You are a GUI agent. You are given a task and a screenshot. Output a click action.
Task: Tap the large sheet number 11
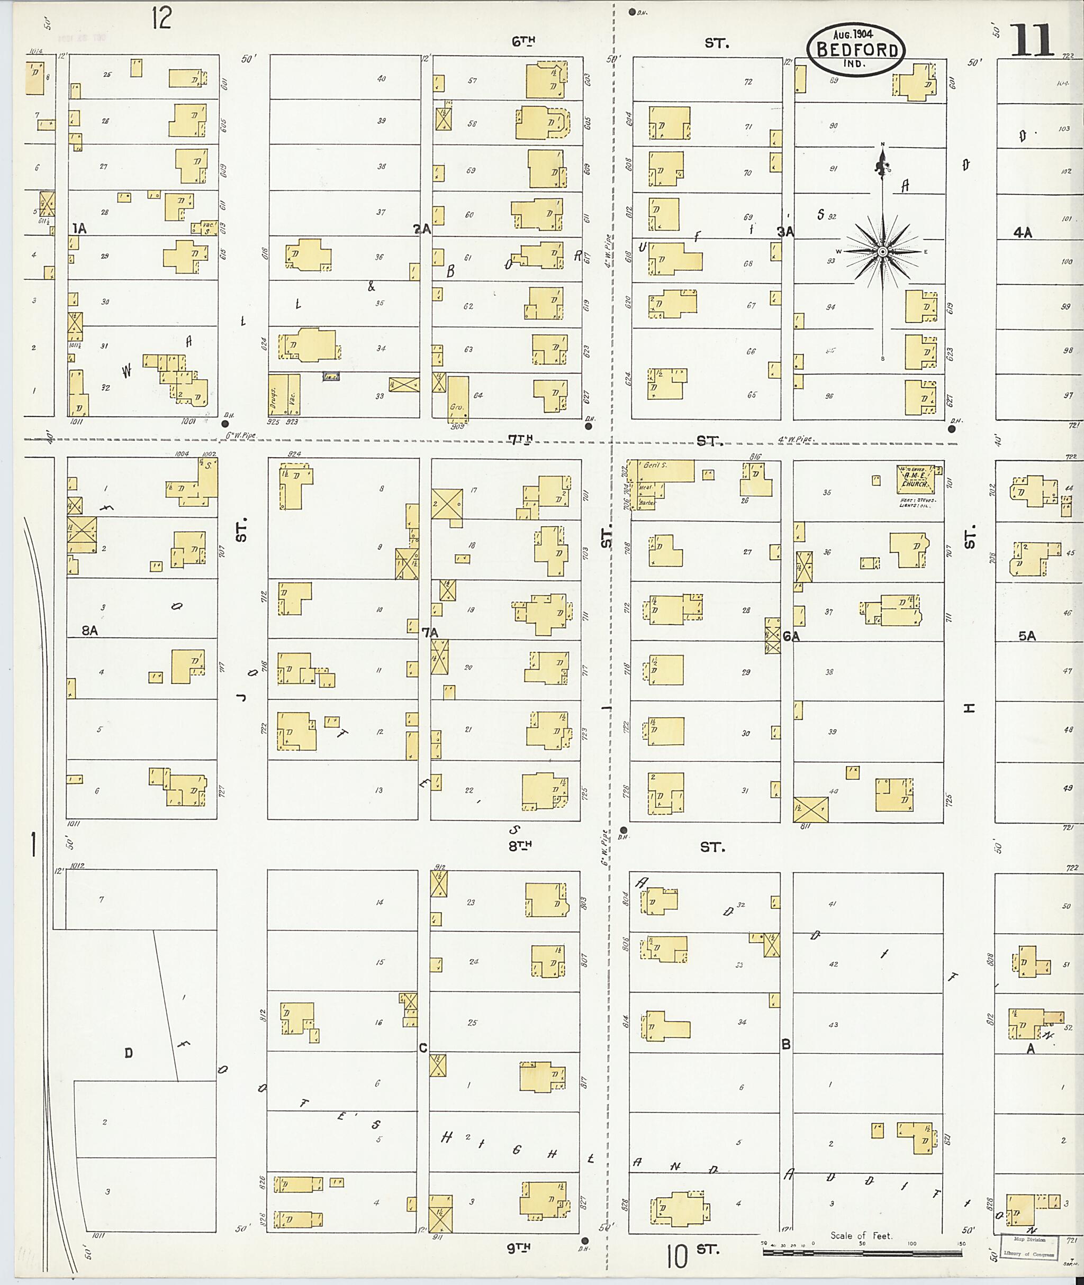coord(1032,41)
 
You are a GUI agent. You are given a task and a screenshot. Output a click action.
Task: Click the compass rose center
coord(882,251)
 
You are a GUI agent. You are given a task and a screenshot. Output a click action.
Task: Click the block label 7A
coord(430,632)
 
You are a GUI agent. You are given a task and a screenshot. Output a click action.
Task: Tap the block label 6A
coord(791,637)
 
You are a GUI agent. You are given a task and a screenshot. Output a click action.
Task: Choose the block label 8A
coord(90,630)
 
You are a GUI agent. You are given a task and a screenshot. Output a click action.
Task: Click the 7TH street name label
coord(520,439)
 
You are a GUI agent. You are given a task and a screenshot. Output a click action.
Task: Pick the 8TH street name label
coord(519,845)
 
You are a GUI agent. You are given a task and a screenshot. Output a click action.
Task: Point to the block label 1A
coord(79,229)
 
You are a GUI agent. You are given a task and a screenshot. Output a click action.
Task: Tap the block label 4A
coord(1023,232)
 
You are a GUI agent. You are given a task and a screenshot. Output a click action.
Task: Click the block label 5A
coord(1026,636)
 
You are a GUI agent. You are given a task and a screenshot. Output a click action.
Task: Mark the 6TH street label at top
coord(523,41)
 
